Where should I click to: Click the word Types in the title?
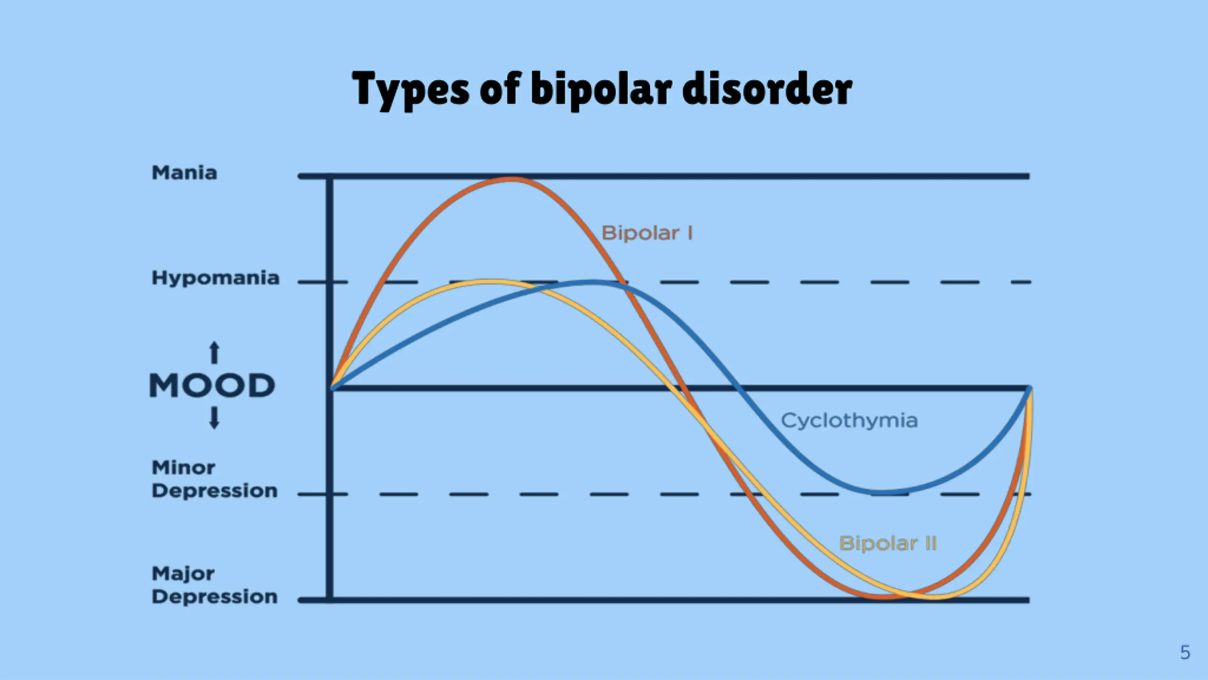[x=411, y=90]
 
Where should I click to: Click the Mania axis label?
[x=184, y=173]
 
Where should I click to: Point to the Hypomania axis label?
[x=215, y=278]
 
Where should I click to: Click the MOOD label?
[x=212, y=385]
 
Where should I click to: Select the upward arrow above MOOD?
[x=214, y=353]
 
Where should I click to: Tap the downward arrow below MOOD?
[x=214, y=418]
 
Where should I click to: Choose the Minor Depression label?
[x=214, y=479]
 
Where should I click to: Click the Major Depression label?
[x=214, y=586]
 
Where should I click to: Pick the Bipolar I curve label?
[x=647, y=233]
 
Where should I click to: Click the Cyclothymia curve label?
[x=849, y=420]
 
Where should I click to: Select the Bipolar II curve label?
[x=888, y=543]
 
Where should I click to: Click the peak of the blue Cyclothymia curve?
[x=592, y=282]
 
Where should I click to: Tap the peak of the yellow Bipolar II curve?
[x=491, y=282]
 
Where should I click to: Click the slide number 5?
[x=1185, y=653]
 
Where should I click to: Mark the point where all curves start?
[x=332, y=388]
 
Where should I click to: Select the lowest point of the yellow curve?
[x=934, y=597]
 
